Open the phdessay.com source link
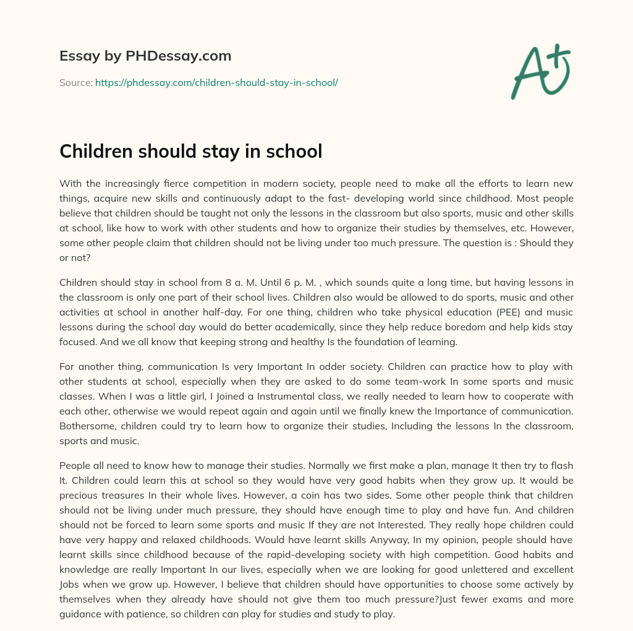tap(216, 82)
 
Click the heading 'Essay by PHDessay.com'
tap(145, 56)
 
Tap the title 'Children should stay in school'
tap(190, 151)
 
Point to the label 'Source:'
tap(75, 82)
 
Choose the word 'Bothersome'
tap(87, 426)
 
